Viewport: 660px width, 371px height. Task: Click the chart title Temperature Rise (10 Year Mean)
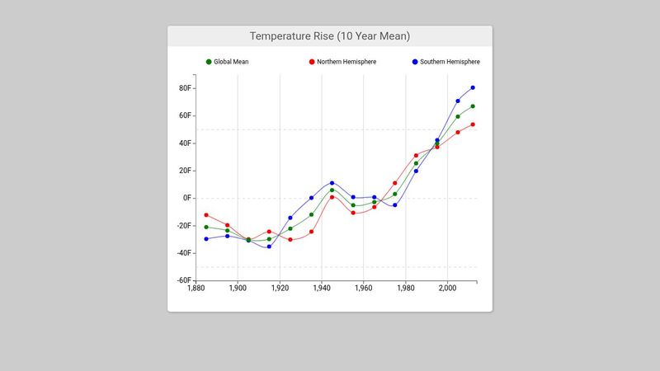[330, 36]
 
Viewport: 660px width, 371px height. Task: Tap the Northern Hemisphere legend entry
[342, 62]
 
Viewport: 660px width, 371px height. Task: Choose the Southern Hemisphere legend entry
[445, 62]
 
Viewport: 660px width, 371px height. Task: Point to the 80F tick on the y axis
[186, 88]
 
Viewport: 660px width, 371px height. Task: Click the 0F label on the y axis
[187, 198]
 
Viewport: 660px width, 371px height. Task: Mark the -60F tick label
[185, 280]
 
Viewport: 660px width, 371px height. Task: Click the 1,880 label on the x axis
[196, 289]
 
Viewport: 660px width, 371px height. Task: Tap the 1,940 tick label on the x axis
[321, 289]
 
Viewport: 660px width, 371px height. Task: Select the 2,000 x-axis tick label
[447, 289]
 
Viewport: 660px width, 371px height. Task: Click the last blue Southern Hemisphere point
[473, 87]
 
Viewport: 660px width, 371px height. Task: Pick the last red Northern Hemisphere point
[473, 124]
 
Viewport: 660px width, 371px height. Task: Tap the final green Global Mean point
[473, 106]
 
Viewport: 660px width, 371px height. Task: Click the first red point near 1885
[206, 215]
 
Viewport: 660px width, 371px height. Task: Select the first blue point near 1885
[206, 239]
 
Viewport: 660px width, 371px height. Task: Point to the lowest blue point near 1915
[269, 247]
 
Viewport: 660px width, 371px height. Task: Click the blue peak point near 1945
[332, 183]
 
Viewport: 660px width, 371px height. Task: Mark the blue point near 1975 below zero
[395, 205]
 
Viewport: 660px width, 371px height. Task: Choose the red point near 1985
[416, 156]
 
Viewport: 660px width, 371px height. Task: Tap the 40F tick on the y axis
[186, 143]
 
